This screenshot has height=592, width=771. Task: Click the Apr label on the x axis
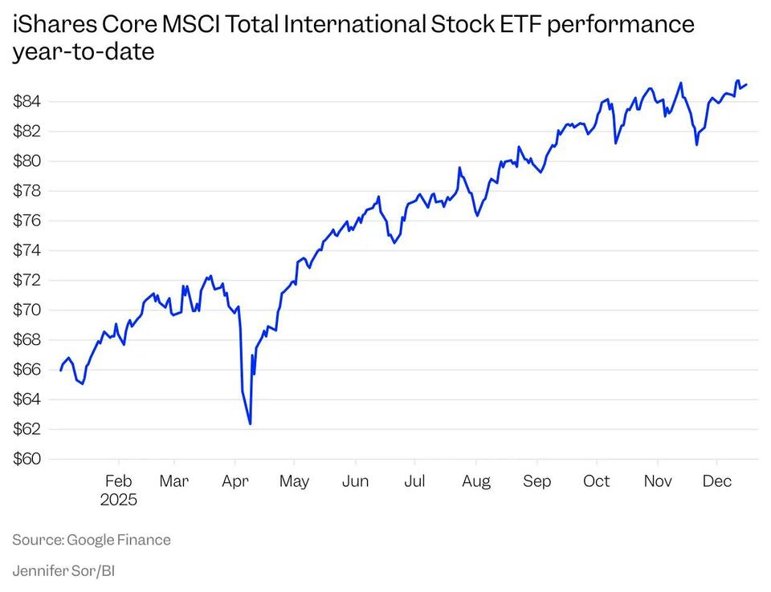pos(235,481)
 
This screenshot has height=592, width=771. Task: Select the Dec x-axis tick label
pos(717,481)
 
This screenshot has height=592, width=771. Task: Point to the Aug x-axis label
pos(476,481)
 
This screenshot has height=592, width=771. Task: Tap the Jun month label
pos(355,481)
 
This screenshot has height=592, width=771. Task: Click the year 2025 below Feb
pos(119,500)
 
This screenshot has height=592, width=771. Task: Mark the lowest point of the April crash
pos(251,424)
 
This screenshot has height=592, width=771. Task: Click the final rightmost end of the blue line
pos(747,83)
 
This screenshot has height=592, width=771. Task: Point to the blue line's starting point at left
pos(60,370)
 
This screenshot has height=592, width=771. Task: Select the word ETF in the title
pos(516,24)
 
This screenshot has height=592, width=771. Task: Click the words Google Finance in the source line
pos(119,540)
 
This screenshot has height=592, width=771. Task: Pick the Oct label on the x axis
pos(597,481)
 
